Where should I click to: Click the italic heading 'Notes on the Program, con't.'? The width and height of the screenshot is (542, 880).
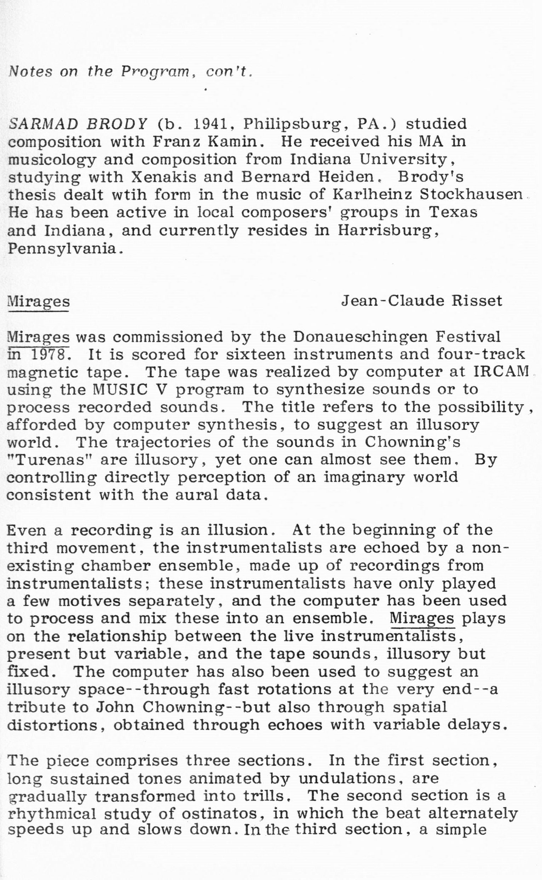point(131,72)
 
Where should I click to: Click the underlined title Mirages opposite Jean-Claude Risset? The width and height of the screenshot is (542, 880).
point(38,301)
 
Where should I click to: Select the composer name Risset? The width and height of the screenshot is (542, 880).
point(477,301)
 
